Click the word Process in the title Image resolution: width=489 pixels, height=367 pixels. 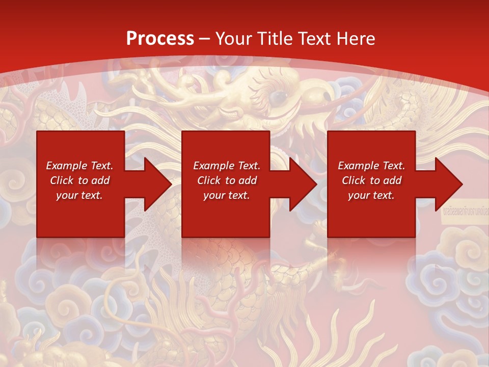pyautogui.click(x=160, y=39)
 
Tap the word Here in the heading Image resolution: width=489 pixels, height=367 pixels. pyautogui.click(x=356, y=39)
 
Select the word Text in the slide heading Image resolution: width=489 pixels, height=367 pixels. pyautogui.click(x=314, y=39)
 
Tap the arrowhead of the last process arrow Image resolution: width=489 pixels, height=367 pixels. pyautogui.click(x=448, y=184)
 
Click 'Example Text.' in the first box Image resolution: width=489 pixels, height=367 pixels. pyautogui.click(x=79, y=166)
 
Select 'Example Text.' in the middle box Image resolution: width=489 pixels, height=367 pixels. pyautogui.click(x=227, y=166)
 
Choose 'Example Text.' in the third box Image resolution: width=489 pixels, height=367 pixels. pyautogui.click(x=371, y=166)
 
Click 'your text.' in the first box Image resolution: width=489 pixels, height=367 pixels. pyautogui.click(x=79, y=195)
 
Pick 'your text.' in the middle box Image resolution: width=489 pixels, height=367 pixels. pyautogui.click(x=227, y=195)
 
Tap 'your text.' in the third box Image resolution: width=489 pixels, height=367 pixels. pyautogui.click(x=371, y=195)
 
